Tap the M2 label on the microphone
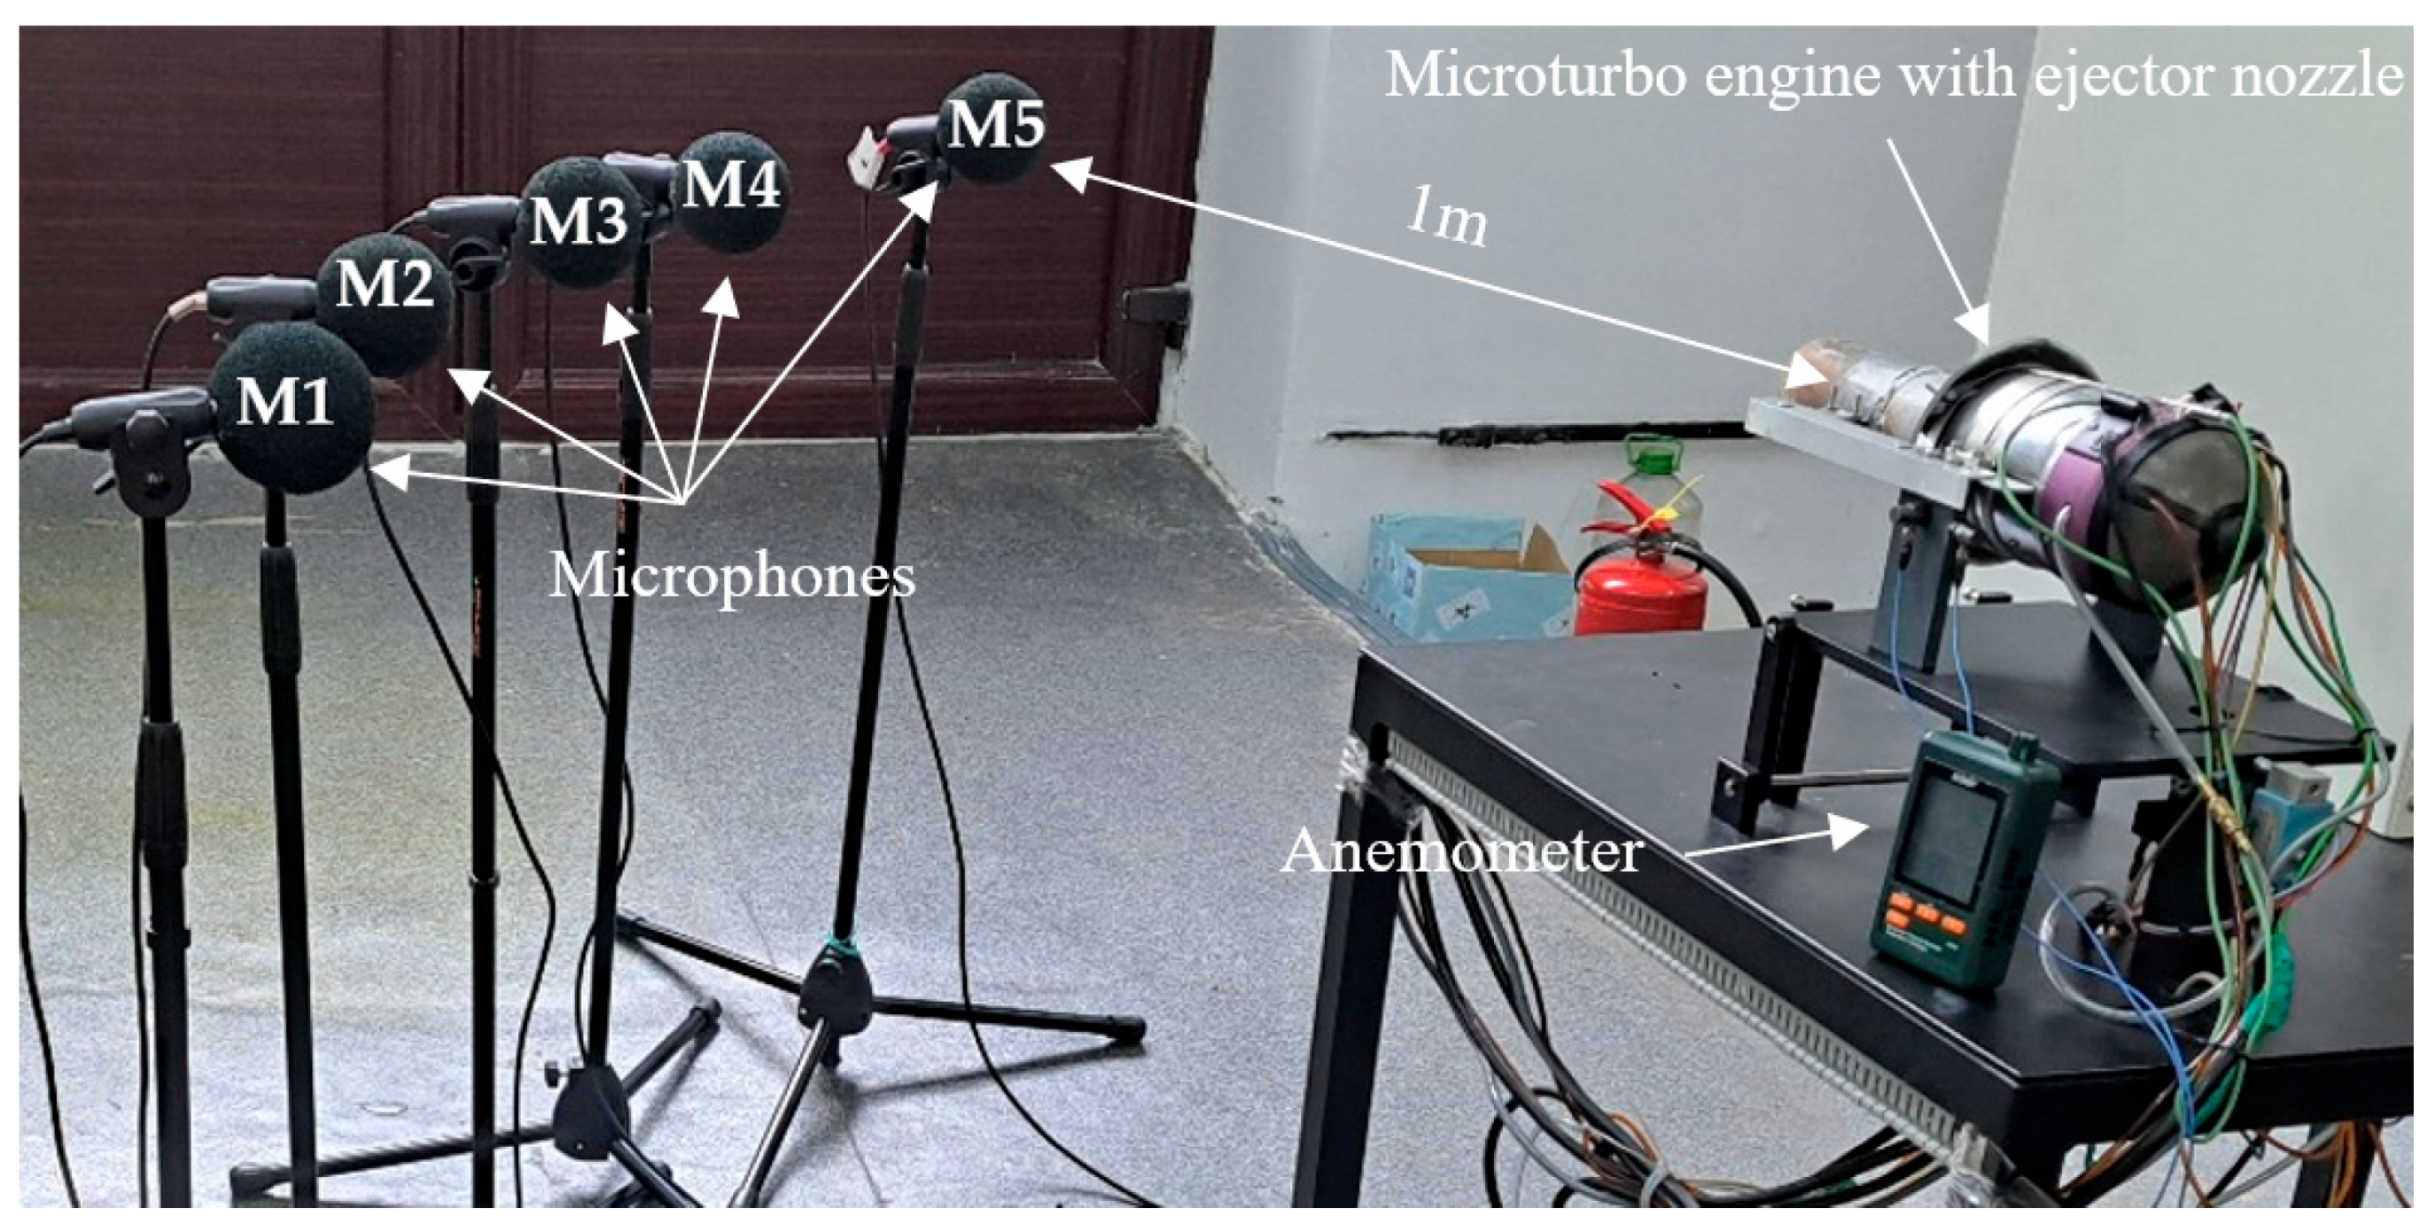click(x=385, y=283)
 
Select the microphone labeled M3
click(x=578, y=221)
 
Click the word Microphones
click(x=732, y=576)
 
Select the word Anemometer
click(x=1461, y=852)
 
